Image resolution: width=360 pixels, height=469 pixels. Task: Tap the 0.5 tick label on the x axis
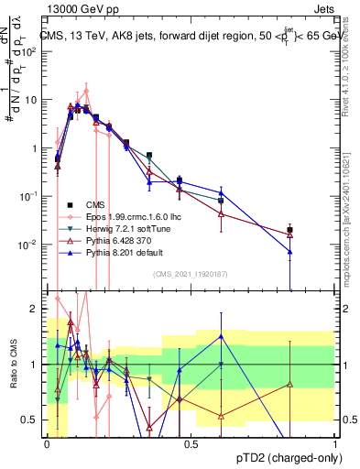191,443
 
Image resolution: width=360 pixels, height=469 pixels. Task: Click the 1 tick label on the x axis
335,443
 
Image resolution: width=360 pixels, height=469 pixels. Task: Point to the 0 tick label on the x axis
47,443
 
